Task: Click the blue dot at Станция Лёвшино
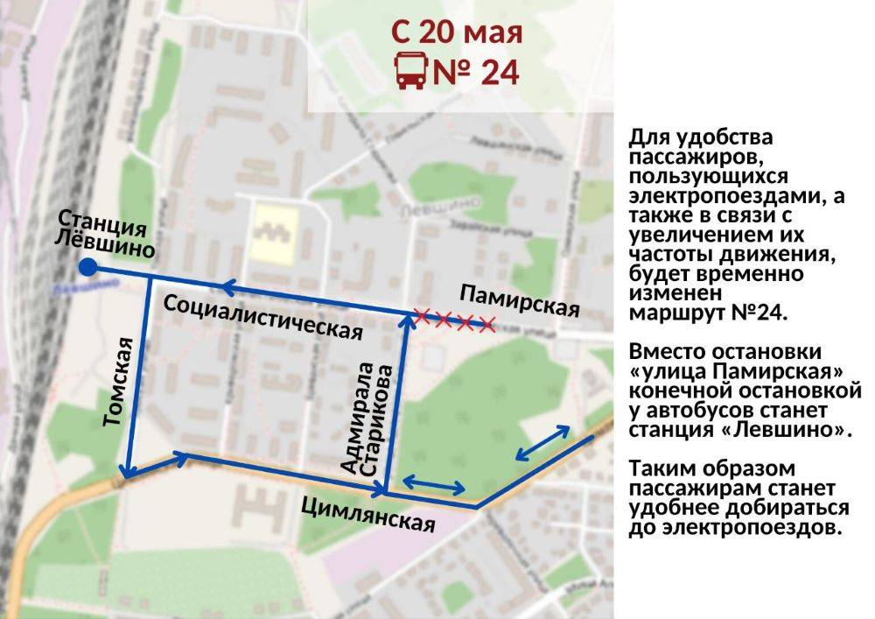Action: click(87, 267)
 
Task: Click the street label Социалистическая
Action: click(263, 317)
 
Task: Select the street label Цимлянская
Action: click(367, 513)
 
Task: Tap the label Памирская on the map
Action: click(520, 299)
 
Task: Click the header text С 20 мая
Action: click(456, 32)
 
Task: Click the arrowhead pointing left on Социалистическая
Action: click(229, 285)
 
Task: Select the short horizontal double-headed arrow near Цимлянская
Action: click(433, 483)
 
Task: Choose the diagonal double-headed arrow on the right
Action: click(543, 442)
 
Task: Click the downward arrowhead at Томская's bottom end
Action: click(128, 473)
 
